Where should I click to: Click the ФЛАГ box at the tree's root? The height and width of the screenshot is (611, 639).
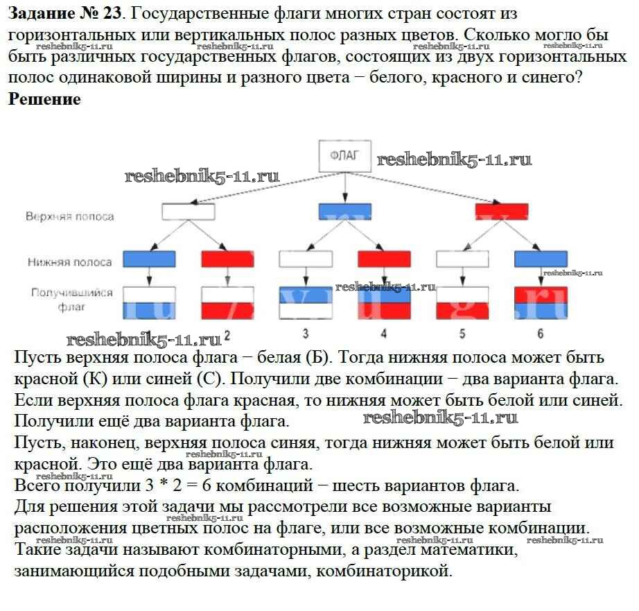(345, 157)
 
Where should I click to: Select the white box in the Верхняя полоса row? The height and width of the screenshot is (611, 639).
(187, 211)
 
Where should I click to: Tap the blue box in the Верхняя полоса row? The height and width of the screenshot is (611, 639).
(344, 211)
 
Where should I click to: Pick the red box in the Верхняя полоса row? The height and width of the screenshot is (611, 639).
(502, 211)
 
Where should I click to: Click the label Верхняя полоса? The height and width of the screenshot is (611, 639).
(70, 216)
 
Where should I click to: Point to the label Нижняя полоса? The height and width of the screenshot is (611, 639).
(70, 262)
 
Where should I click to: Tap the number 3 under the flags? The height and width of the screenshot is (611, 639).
(306, 334)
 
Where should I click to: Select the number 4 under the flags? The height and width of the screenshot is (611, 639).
(384, 334)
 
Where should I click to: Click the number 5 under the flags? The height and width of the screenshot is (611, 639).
(462, 334)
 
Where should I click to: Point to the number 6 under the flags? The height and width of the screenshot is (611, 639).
(541, 334)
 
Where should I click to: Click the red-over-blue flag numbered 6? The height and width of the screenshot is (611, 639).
(541, 303)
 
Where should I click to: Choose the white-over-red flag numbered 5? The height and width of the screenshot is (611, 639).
(462, 303)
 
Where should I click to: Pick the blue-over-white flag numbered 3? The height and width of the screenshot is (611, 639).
(306, 303)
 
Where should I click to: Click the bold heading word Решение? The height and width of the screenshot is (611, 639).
(45, 99)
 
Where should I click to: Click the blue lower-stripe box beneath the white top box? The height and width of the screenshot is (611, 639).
(150, 259)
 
